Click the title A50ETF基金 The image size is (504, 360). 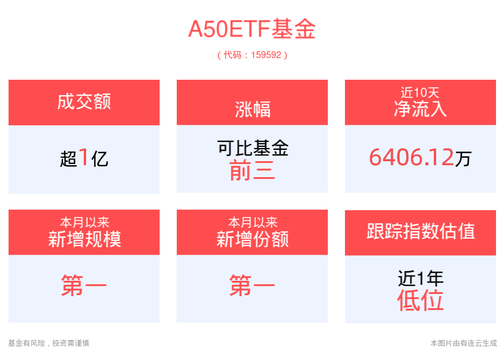coord(252,29)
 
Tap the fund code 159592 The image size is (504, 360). coord(266,55)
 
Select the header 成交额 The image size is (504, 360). coord(84,101)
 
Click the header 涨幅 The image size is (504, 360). coord(253,109)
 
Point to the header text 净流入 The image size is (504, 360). coord(420,109)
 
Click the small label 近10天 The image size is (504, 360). coord(420,93)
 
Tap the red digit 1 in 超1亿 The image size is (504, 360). coord(84,157)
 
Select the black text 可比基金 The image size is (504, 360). coord(253,148)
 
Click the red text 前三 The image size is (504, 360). coord(253,170)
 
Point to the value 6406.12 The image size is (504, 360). coord(412,157)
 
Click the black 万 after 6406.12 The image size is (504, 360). coord(463,158)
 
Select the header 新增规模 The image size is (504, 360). coord(84,239)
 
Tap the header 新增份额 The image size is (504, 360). coord(253,239)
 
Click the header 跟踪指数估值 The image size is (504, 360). coord(420,231)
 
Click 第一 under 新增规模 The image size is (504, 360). coord(84,285)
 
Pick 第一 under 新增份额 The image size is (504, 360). coord(253,285)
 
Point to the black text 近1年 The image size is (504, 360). coord(420,278)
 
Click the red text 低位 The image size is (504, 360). coord(420,300)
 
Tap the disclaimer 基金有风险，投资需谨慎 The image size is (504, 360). coord(48,343)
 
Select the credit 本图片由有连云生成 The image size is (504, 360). coord(464,343)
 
